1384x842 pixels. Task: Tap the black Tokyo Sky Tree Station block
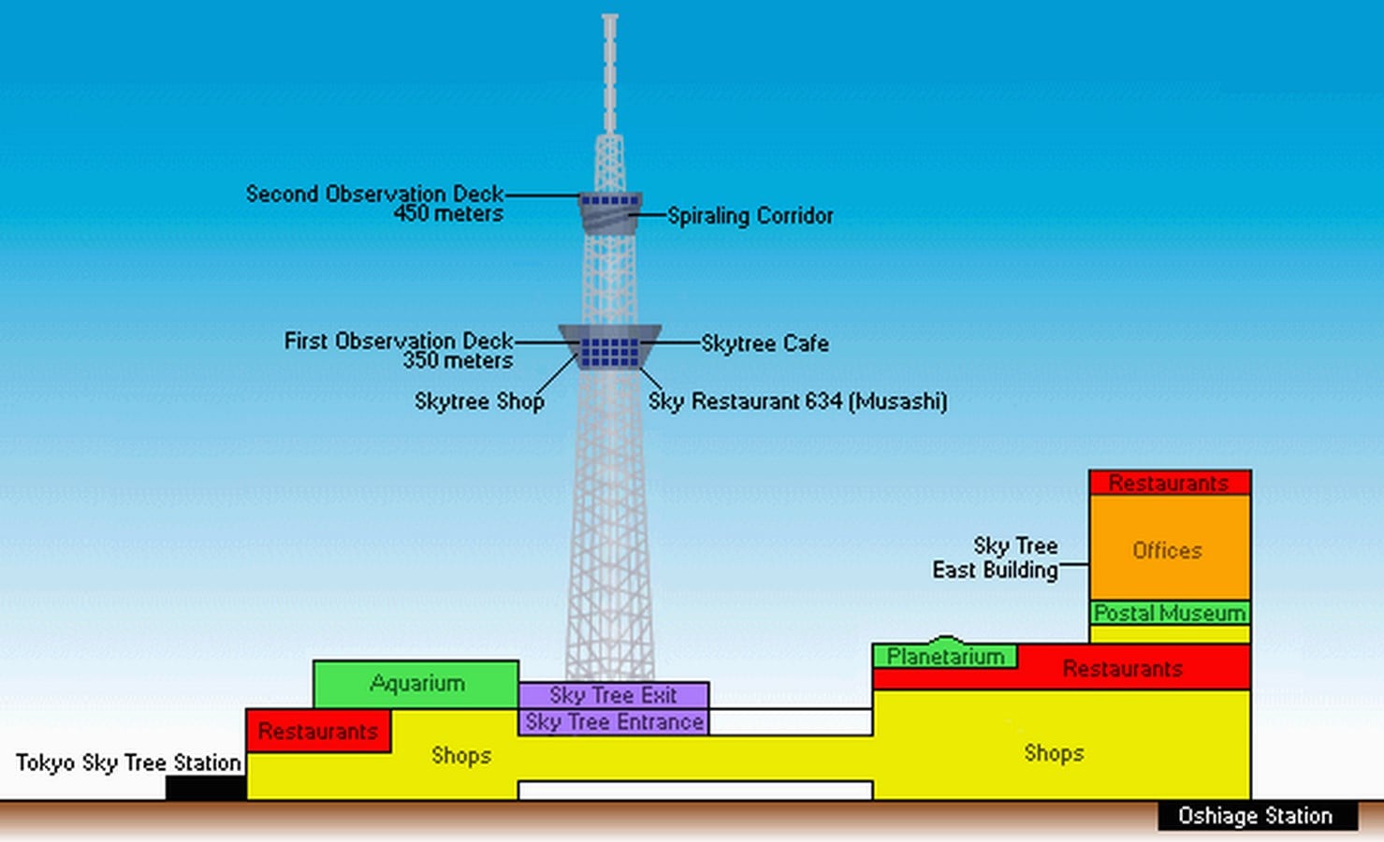207,788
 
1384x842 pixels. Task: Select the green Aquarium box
415,684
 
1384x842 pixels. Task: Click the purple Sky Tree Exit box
613,695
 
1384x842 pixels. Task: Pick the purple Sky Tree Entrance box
613,722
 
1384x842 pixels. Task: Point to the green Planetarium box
945,656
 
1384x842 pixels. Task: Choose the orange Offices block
1170,547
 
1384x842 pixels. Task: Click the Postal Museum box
1170,613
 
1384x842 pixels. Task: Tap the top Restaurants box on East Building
1170,482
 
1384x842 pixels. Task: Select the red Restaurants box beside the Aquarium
318,731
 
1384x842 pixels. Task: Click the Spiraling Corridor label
750,215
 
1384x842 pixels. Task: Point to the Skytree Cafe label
765,342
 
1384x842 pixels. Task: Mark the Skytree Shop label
479,401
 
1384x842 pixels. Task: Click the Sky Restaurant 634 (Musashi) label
797,401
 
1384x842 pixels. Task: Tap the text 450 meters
448,213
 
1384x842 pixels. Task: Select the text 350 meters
458,360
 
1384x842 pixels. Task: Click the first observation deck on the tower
610,347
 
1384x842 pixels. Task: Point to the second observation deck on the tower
610,212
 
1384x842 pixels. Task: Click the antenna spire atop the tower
610,74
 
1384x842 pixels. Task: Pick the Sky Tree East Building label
996,558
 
